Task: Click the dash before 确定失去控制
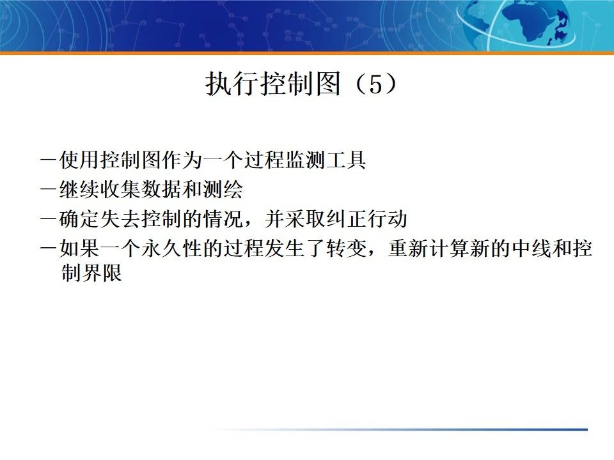pos(49,219)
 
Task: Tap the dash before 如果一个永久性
pos(49,249)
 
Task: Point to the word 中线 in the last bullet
pos(530,249)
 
